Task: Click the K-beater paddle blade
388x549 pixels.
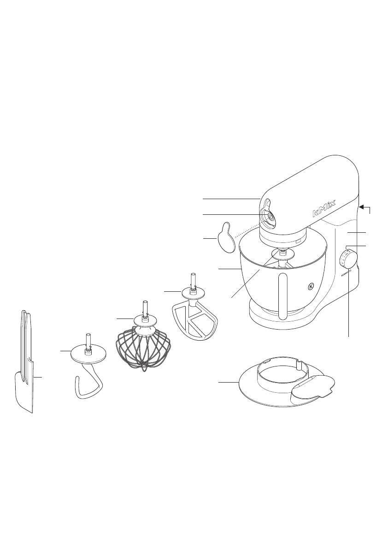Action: click(193, 320)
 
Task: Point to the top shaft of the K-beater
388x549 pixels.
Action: click(193, 279)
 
